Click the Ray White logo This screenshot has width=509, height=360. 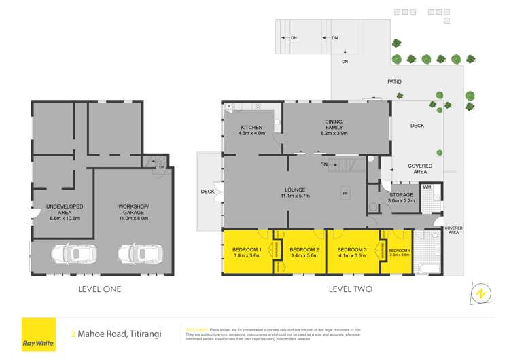(x=38, y=334)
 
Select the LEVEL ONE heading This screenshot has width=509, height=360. (x=99, y=289)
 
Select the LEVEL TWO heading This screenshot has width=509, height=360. (x=350, y=289)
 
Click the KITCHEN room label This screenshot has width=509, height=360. (x=251, y=128)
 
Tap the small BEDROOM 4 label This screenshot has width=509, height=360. (x=400, y=251)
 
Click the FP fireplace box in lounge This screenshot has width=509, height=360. (x=345, y=193)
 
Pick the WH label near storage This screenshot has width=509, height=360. (x=427, y=187)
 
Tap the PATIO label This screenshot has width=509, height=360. (x=395, y=82)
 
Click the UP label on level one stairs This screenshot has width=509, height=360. (x=161, y=167)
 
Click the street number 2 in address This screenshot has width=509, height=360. (x=73, y=334)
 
